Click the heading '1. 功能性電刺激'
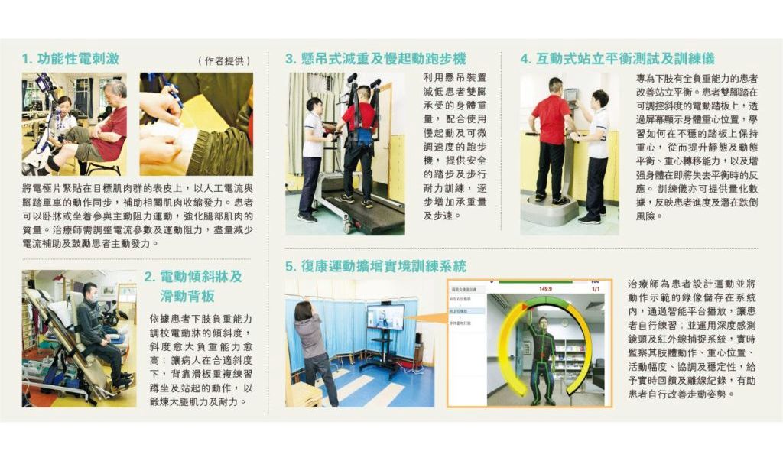(x=70, y=59)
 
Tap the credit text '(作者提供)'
(x=224, y=61)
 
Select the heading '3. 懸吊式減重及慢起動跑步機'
(x=375, y=59)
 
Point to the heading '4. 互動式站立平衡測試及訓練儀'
(x=618, y=59)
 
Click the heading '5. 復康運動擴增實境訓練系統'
(x=375, y=266)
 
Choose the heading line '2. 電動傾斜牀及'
(x=193, y=277)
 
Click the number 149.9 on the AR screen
(x=545, y=289)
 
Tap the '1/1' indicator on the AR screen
(x=596, y=289)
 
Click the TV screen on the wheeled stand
(x=385, y=317)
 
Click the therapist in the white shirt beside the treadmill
(x=311, y=160)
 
